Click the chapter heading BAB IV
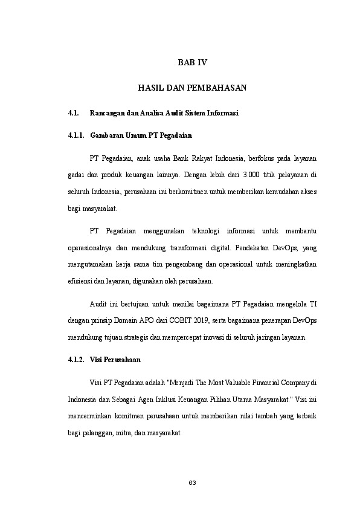coord(191,62)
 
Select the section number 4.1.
coord(74,113)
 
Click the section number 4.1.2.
coord(77,360)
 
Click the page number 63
coord(192,482)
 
